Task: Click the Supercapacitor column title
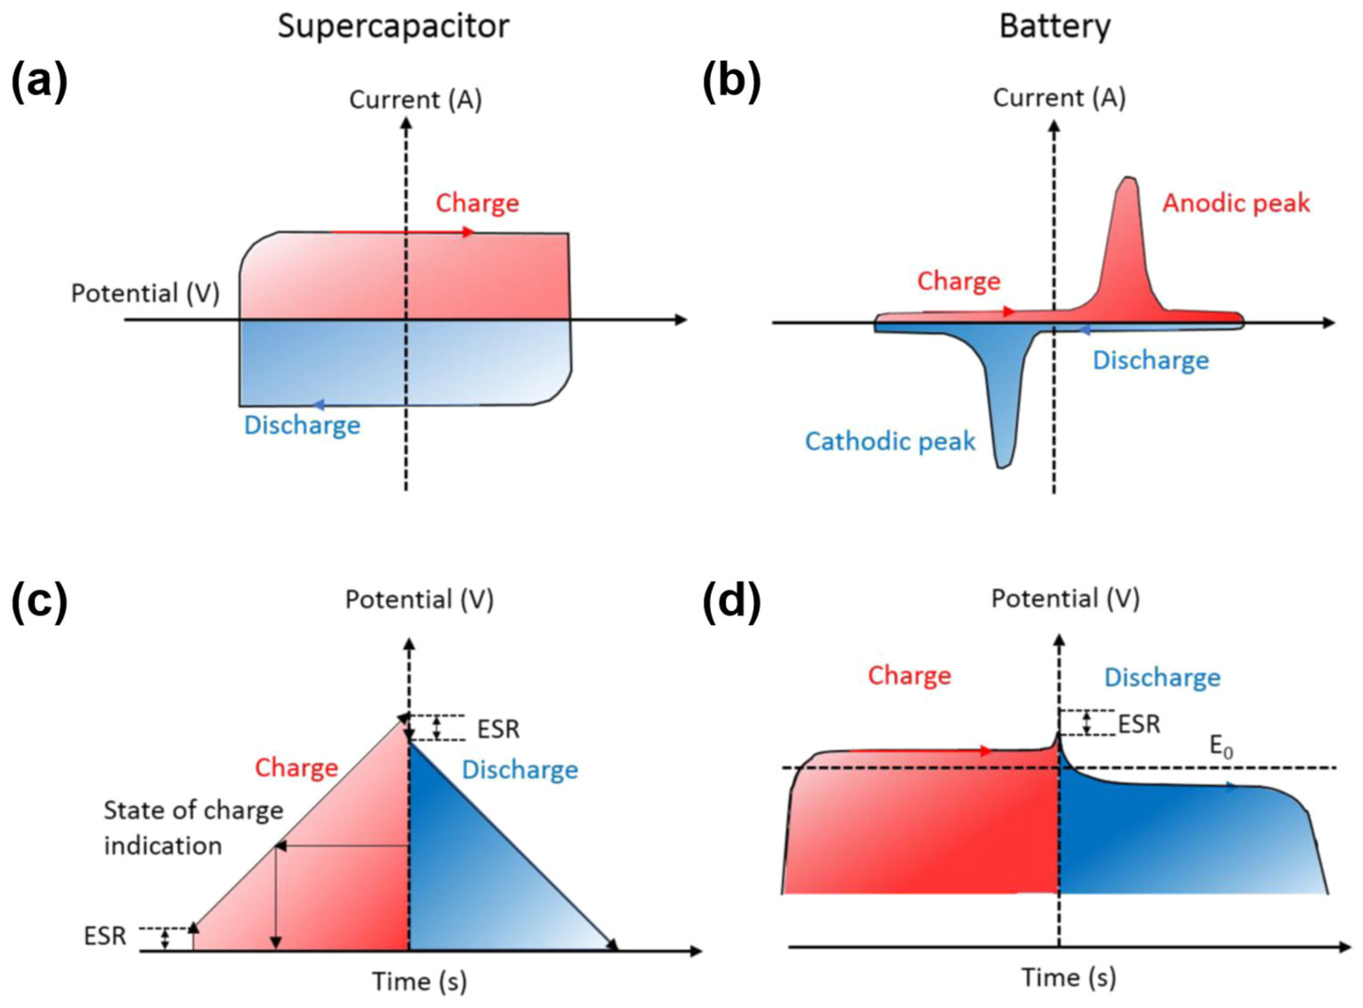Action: point(394,27)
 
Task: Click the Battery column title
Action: point(1054,27)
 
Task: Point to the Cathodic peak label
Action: point(890,441)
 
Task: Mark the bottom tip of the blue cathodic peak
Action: point(1001,467)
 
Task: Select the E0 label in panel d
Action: point(1221,748)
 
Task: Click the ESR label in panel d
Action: point(1139,724)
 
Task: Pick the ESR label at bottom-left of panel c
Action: point(105,936)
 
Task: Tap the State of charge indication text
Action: point(193,828)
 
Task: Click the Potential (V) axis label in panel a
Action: point(145,294)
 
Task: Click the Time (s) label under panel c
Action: point(420,982)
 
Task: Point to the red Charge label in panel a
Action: point(477,203)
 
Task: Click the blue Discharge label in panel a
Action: point(302,425)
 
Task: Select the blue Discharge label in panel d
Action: point(1162,677)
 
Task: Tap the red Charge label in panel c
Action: point(296,768)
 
